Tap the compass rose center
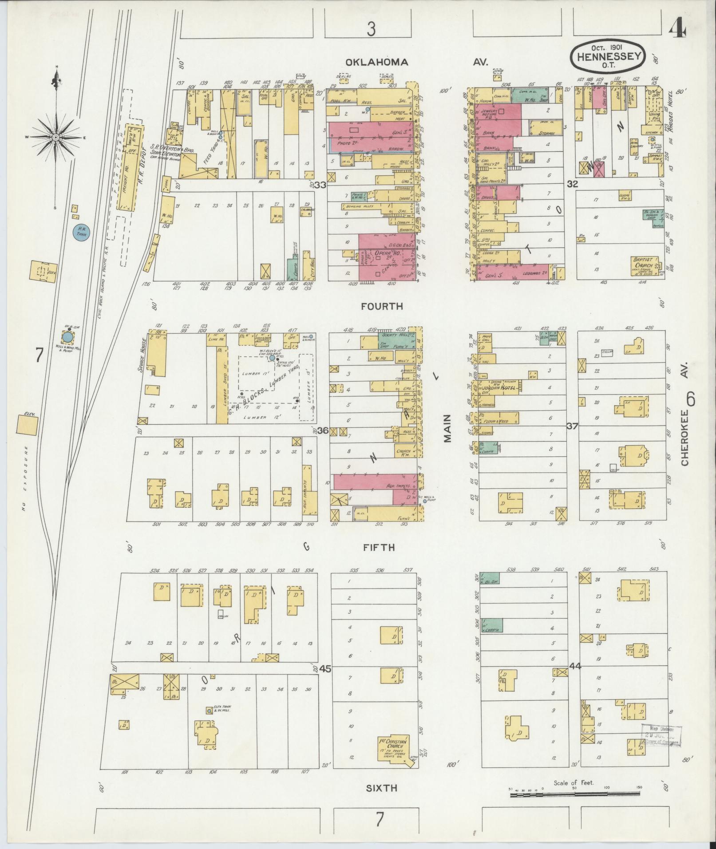click(56, 138)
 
